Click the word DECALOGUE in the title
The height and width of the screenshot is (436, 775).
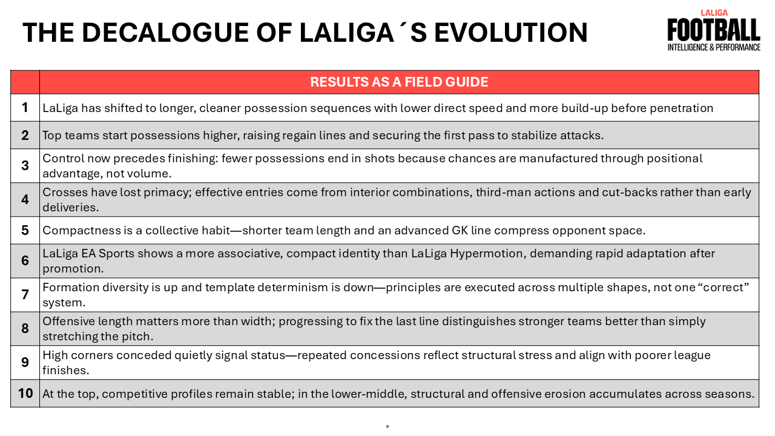[166, 33]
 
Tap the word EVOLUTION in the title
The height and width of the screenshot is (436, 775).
[510, 33]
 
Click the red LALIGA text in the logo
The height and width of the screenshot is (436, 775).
[714, 13]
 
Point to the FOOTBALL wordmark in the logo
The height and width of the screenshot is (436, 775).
[714, 30]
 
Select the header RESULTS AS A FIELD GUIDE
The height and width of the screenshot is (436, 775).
[399, 82]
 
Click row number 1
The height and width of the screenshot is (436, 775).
[25, 108]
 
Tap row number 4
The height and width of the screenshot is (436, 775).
[25, 199]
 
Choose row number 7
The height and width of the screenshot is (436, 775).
[25, 294]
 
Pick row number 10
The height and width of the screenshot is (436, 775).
[25, 393]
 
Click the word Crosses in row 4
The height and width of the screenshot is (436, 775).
[65, 192]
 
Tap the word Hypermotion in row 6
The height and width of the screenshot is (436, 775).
[486, 254]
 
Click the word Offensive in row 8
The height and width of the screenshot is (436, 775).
[68, 321]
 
